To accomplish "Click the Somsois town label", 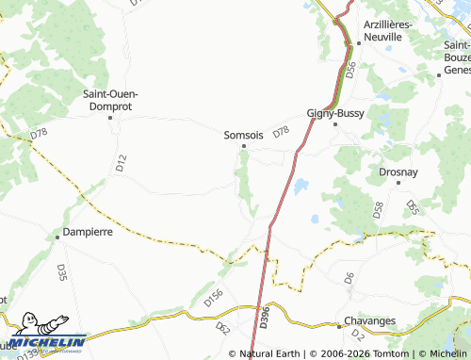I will coord(243,135).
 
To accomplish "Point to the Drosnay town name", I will coord(398,173).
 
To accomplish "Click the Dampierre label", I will coord(88,230).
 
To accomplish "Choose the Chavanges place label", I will coord(369,320).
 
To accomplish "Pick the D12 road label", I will coord(121,162).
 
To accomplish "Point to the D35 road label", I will coord(61,272).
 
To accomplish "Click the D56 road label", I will coord(350,69).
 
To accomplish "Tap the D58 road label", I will coord(379,210).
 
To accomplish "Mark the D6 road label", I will coord(349,278).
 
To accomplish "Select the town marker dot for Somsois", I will coord(244,146).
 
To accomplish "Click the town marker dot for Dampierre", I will coord(57,237).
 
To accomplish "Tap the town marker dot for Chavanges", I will coord(338,327).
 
